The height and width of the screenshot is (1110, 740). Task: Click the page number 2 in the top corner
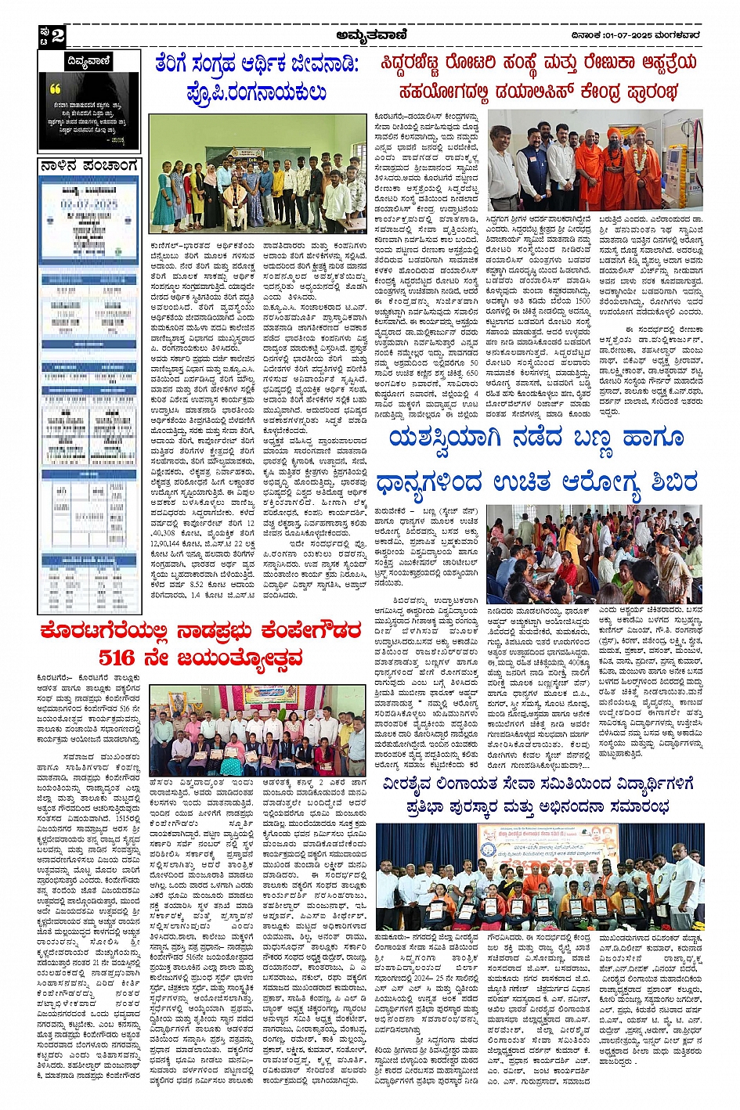coord(57,35)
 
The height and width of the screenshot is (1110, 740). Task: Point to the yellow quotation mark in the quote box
coord(55,89)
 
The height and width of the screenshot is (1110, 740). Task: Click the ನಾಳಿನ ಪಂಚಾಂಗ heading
coord(89,166)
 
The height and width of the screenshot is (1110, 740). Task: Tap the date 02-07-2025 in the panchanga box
coord(89,204)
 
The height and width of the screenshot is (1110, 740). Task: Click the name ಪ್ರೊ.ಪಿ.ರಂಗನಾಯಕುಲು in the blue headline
coord(257,92)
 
